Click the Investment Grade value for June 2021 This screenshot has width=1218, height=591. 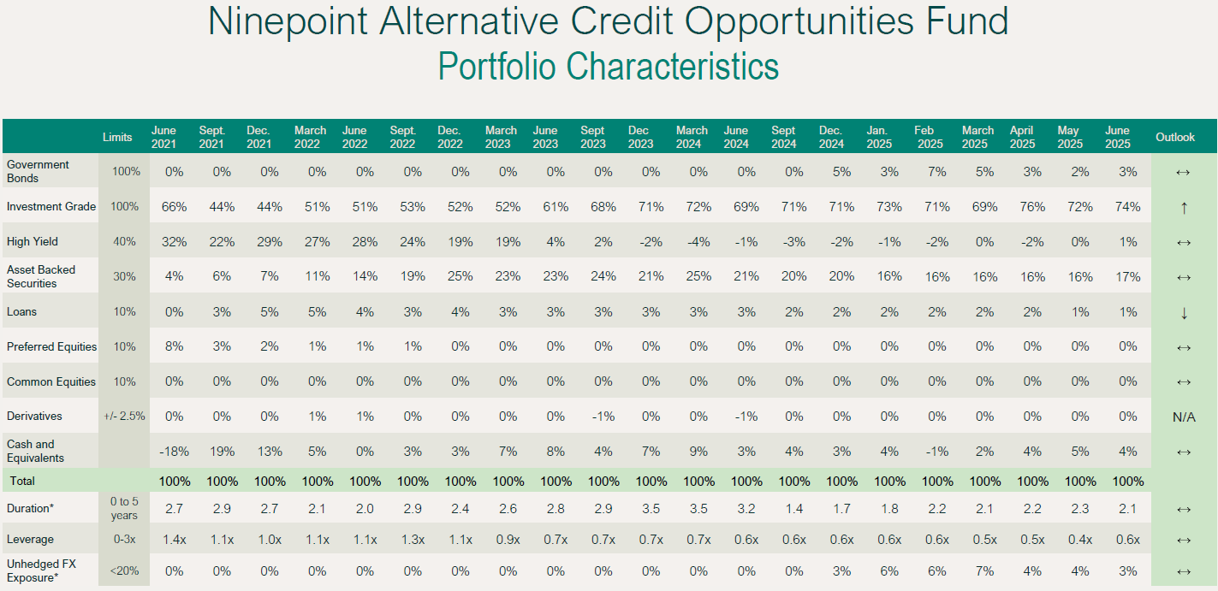tap(175, 207)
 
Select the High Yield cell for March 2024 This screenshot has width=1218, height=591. tap(698, 242)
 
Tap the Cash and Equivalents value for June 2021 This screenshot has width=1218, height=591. tap(175, 452)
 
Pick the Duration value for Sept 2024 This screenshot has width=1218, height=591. tap(794, 509)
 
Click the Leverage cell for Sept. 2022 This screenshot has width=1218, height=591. tap(413, 540)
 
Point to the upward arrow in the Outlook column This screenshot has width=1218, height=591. tap(1184, 207)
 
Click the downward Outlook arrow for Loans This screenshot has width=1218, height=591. tap(1184, 312)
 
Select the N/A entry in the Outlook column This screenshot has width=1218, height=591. tap(1184, 417)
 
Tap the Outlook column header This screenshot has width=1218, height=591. tap(1175, 137)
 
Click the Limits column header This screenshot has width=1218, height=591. tap(117, 137)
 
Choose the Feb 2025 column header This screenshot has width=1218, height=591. tap(930, 137)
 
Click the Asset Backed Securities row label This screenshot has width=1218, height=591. tap(41, 276)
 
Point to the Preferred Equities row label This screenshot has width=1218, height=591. tap(51, 347)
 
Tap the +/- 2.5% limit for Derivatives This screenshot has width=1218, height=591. tap(123, 417)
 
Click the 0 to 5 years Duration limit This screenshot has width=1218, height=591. tap(123, 509)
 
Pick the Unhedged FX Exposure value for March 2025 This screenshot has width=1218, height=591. tap(985, 570)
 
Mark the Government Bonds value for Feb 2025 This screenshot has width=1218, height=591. tap(937, 172)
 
